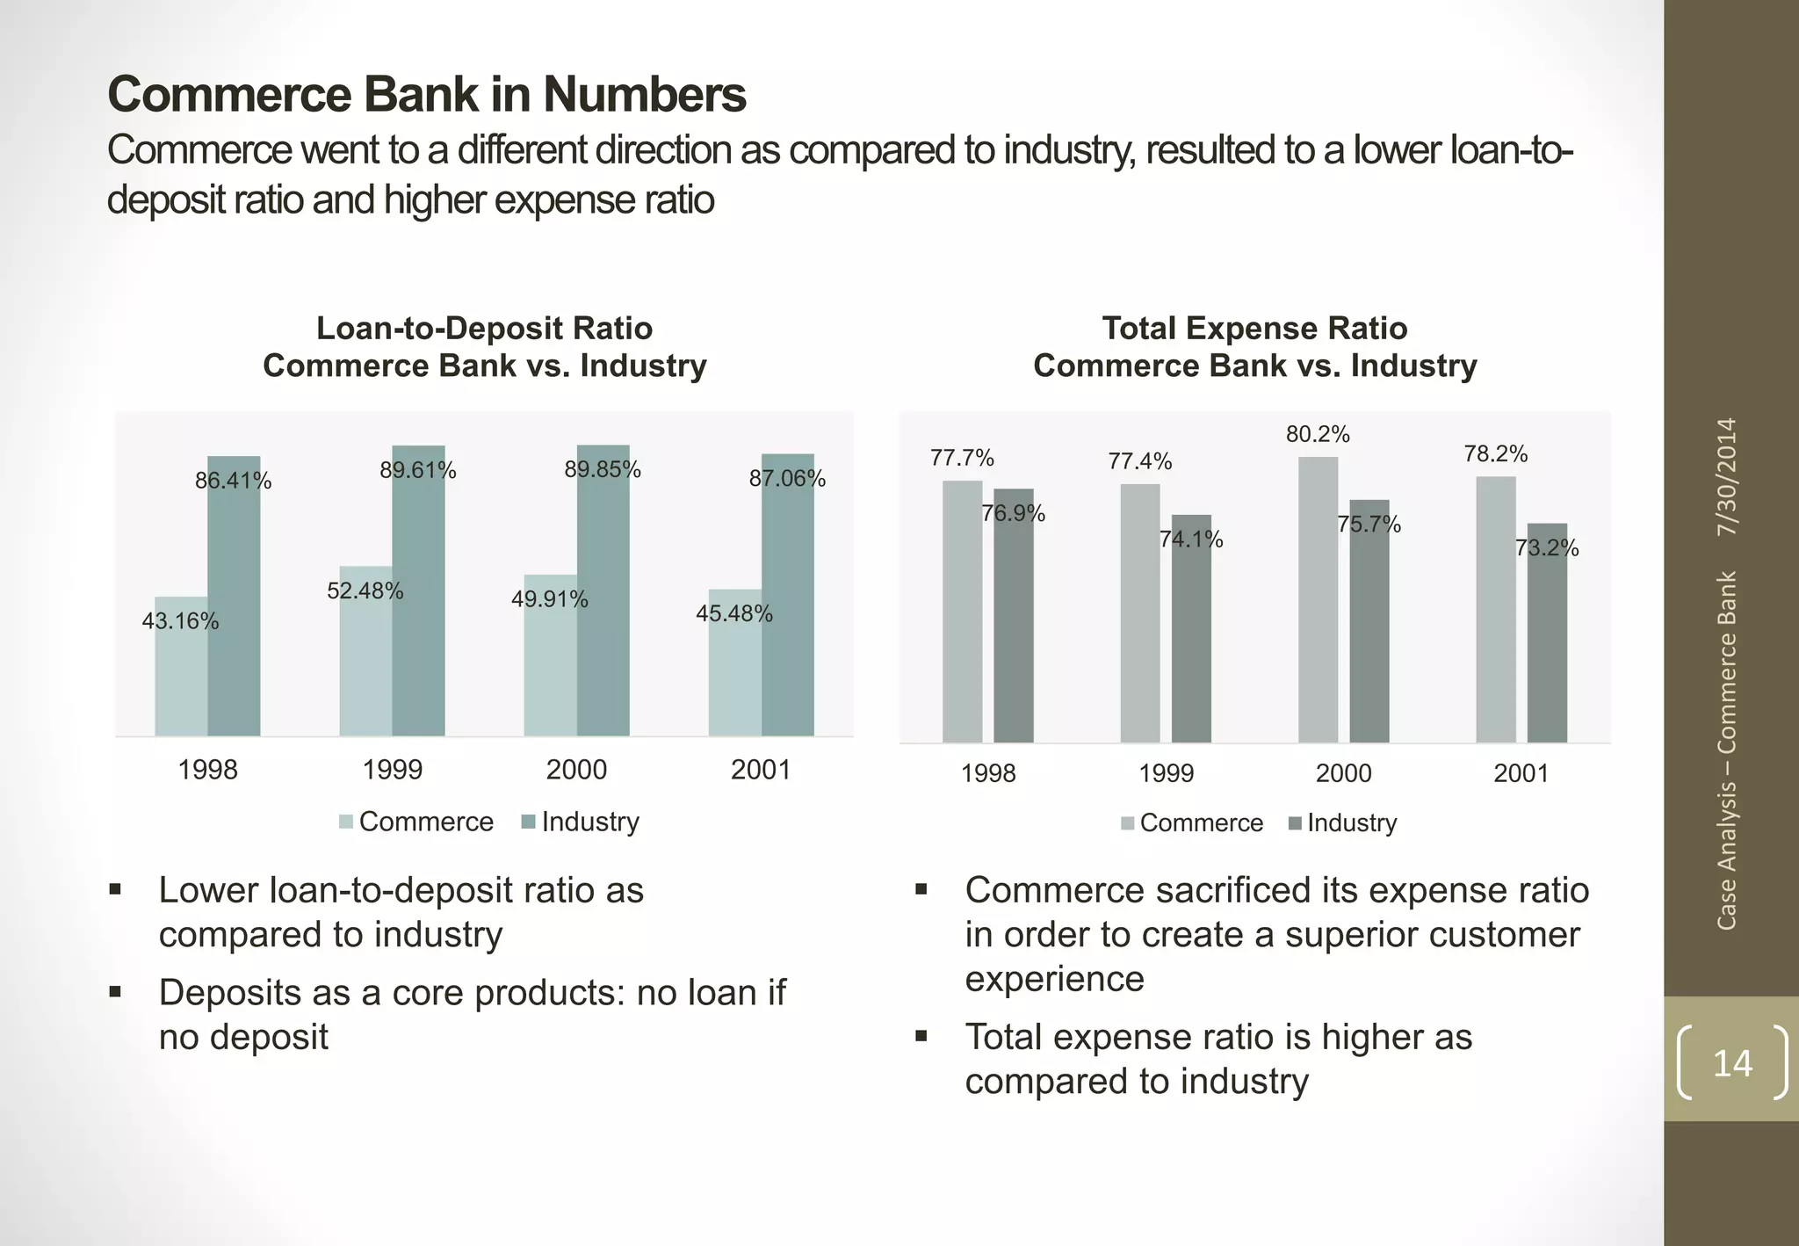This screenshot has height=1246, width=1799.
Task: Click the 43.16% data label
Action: tap(180, 621)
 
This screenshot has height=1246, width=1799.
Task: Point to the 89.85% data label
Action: tap(603, 469)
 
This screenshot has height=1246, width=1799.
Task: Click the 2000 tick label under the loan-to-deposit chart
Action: tap(576, 770)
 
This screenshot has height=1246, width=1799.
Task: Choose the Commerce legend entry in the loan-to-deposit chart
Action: tap(416, 822)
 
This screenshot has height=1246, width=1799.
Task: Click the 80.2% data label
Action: tap(1318, 434)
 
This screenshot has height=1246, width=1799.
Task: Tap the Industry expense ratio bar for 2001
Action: tap(1547, 650)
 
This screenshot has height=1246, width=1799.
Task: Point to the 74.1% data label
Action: tap(1191, 540)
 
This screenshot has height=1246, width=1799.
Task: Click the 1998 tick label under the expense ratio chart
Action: tap(988, 773)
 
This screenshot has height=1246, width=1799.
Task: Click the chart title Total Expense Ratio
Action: tap(1254, 329)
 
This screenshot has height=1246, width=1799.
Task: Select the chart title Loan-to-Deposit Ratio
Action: tap(484, 329)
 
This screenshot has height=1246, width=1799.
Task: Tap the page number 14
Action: tap(1732, 1063)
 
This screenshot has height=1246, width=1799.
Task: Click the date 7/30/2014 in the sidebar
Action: tap(1727, 477)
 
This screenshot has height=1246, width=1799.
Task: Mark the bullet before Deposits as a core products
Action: tap(115, 992)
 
